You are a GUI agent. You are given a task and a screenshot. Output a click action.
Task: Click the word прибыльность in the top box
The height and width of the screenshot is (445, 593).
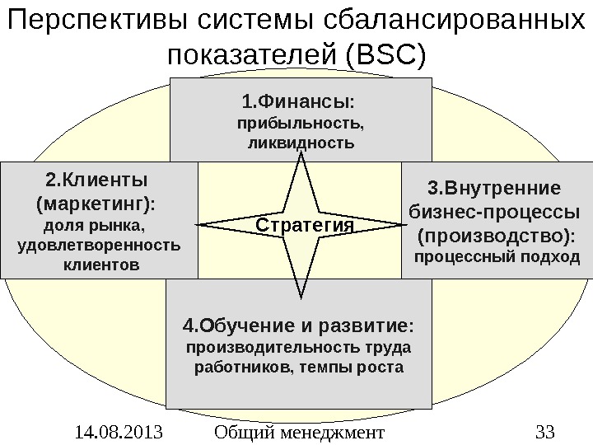(299, 124)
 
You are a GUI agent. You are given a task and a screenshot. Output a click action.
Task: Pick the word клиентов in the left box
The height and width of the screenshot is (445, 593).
(101, 265)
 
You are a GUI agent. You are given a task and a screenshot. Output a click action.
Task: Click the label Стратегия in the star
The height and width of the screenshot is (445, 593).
(303, 224)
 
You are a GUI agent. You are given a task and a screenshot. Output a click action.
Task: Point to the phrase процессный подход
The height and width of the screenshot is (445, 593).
(496, 259)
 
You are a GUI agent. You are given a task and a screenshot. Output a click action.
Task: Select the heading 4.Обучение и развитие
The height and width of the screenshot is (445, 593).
(298, 322)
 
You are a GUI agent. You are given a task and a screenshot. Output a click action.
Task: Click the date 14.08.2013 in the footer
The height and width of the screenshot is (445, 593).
(114, 430)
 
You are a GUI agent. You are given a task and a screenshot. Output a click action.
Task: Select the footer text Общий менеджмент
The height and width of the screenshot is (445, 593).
(299, 430)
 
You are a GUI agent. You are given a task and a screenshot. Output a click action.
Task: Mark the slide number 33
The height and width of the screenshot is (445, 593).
(545, 430)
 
